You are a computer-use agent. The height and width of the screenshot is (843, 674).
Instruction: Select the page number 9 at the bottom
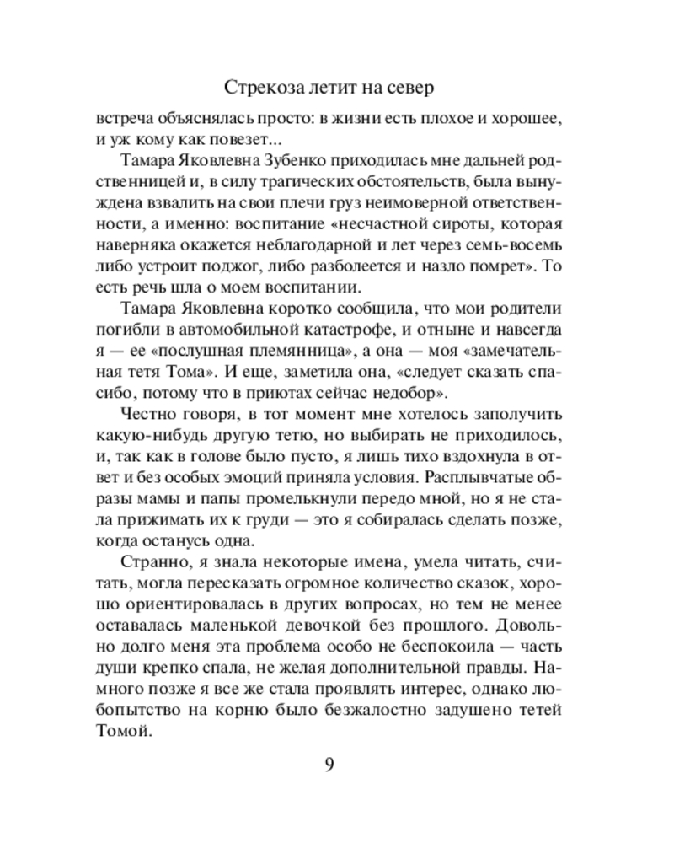329,765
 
